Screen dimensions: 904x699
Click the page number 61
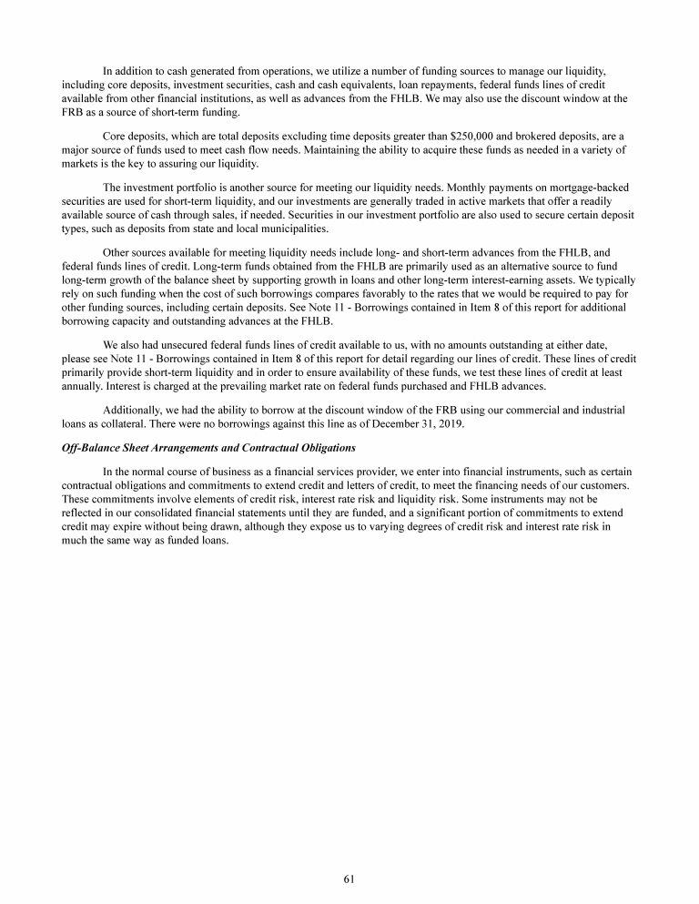coord(349,879)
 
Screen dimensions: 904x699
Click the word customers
coord(598,484)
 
